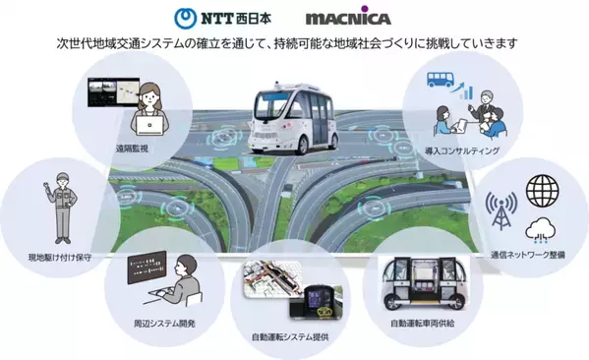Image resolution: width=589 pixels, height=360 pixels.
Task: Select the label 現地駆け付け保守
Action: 60,258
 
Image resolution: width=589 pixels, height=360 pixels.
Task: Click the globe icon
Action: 543,188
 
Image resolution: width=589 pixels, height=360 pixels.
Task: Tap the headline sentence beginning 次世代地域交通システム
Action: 294,44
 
